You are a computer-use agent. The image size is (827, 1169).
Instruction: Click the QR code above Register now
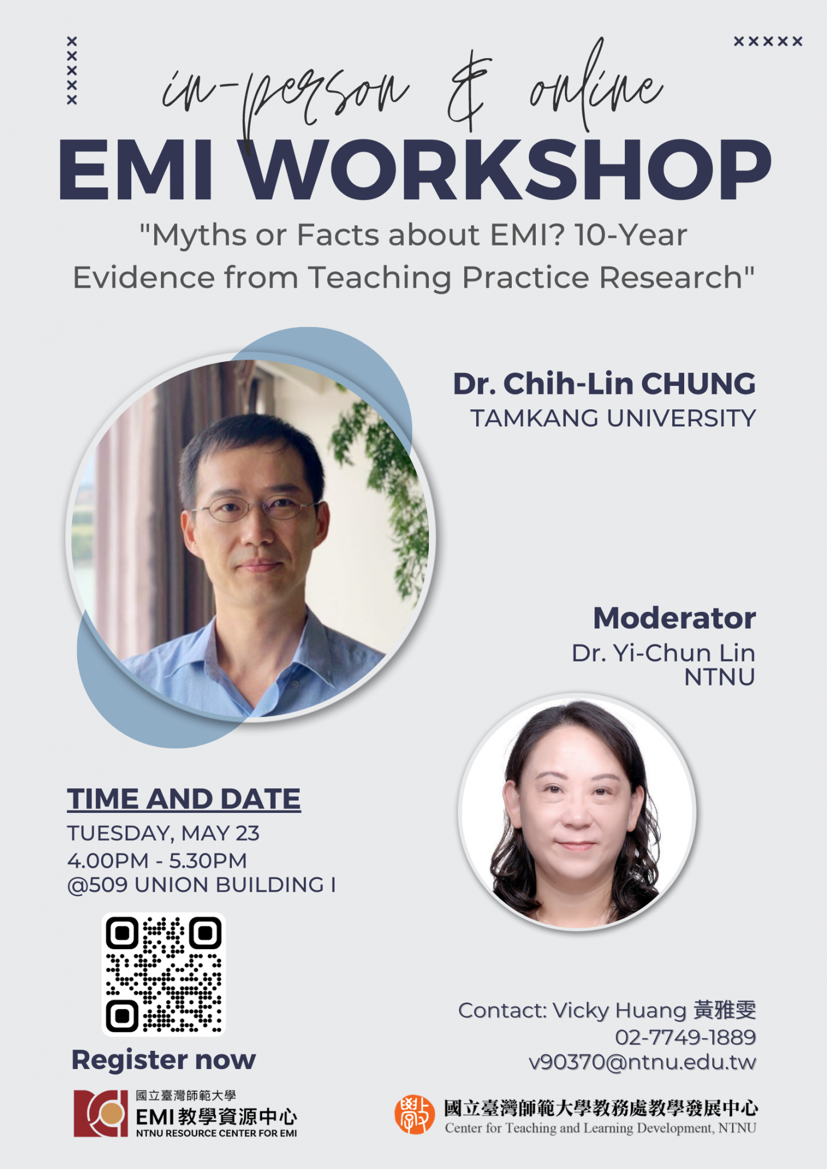163,974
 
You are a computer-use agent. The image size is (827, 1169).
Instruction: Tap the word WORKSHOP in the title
508,170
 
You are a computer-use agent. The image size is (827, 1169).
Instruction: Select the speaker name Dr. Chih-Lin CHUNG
604,384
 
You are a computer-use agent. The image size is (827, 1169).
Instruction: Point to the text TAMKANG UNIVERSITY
613,418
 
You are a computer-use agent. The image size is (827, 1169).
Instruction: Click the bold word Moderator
675,618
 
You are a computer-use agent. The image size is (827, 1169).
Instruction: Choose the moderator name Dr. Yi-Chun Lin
664,653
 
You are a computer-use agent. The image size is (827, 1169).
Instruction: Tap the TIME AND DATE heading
184,799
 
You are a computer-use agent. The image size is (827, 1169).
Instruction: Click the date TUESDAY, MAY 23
163,834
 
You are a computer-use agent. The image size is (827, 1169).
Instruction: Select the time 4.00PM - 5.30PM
157,861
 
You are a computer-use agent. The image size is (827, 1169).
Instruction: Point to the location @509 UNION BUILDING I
202,885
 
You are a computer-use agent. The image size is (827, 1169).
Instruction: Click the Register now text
164,1060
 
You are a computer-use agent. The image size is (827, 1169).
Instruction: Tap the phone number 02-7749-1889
685,1037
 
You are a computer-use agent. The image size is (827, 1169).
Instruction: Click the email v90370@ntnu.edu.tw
643,1062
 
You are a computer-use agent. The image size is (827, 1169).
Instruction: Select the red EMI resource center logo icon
101,1114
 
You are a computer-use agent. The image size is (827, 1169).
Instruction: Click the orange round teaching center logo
415,1115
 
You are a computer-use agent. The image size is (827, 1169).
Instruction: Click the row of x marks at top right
768,41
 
